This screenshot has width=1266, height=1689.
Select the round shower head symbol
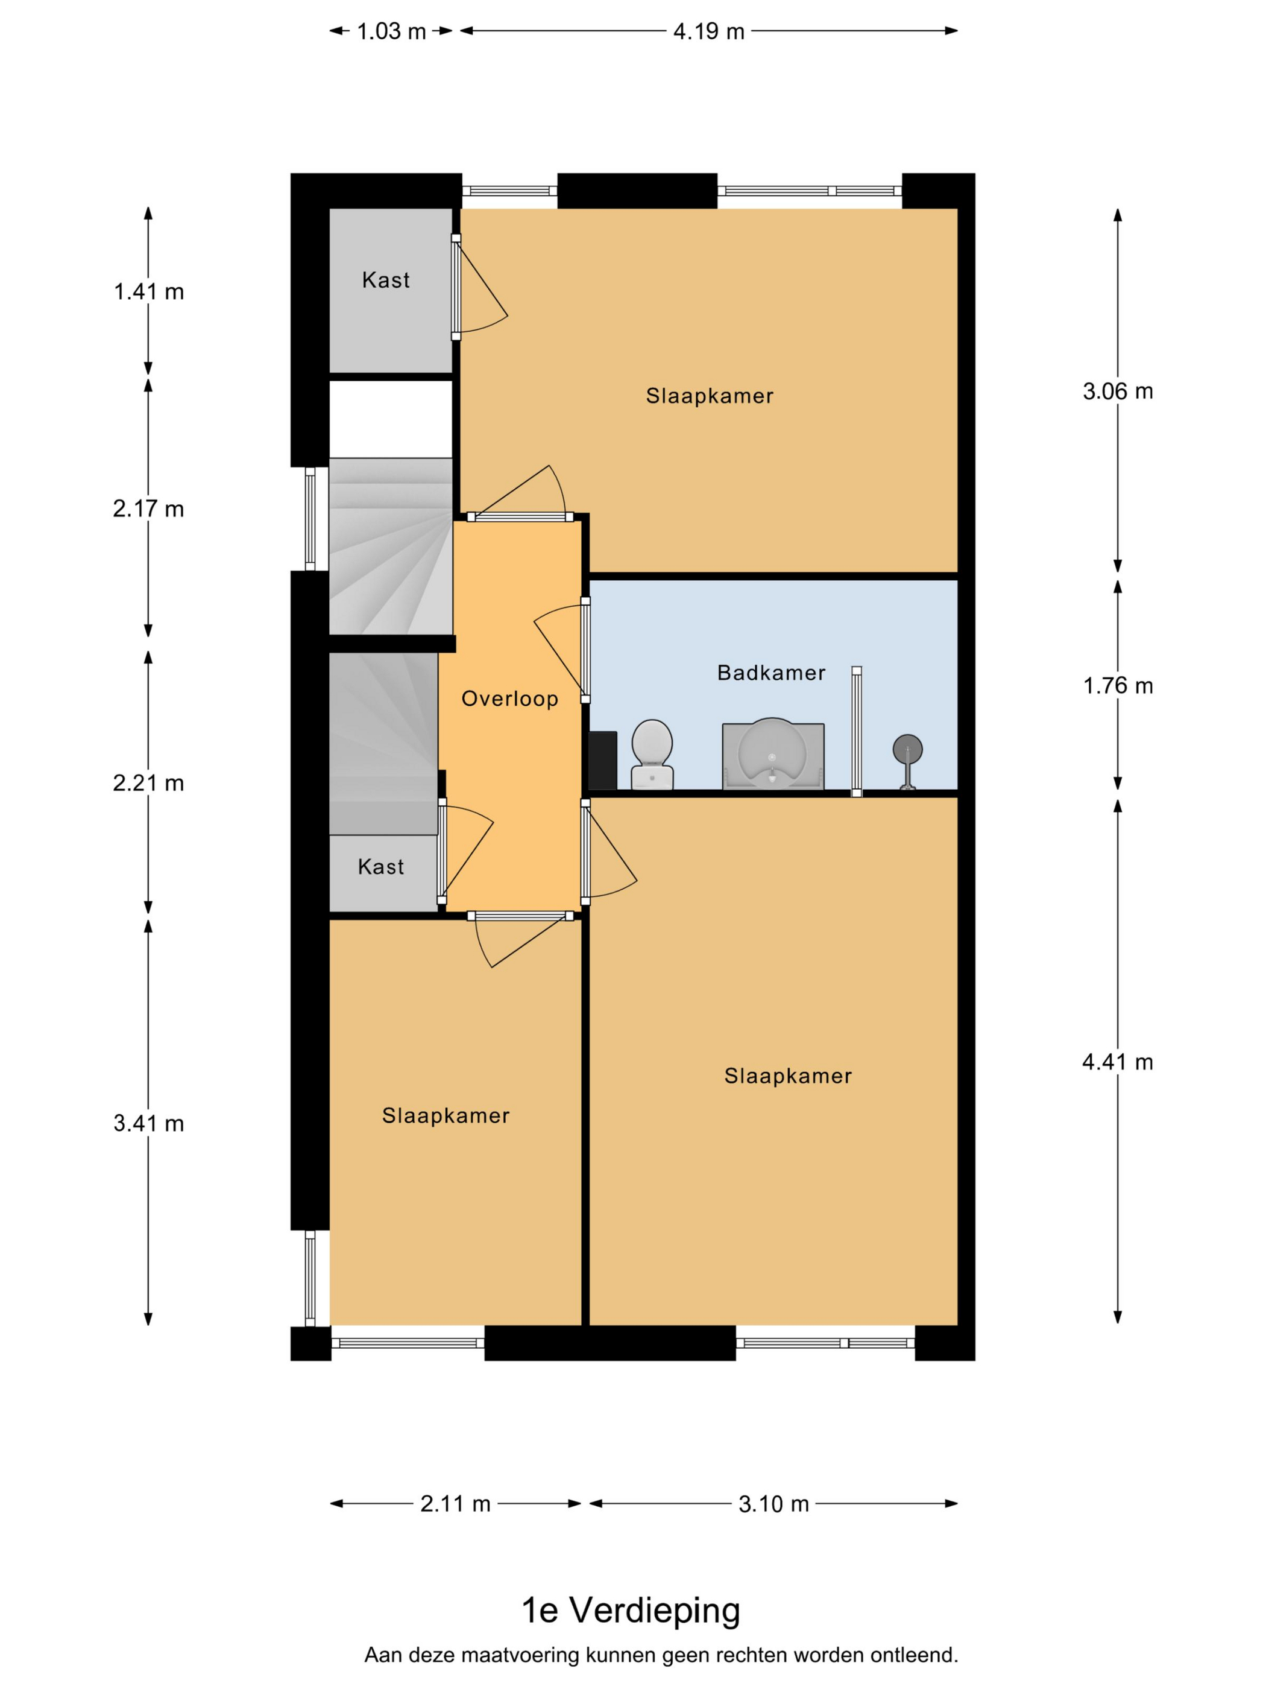tap(907, 749)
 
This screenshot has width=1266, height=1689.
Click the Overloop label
tap(510, 699)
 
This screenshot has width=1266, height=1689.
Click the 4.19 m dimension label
tap(708, 31)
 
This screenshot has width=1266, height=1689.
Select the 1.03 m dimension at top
tap(391, 31)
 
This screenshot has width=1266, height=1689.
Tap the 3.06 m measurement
tap(1117, 391)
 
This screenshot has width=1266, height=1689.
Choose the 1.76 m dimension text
tap(1117, 686)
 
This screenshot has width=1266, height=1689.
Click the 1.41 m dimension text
tap(149, 292)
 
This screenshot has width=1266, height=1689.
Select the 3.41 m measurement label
tap(149, 1123)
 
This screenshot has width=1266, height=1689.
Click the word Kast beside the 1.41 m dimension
tap(386, 280)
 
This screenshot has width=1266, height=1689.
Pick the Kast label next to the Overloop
tap(381, 867)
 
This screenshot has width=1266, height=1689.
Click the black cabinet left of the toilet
tap(603, 761)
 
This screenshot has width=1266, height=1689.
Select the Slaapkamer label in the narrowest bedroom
tap(446, 1115)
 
